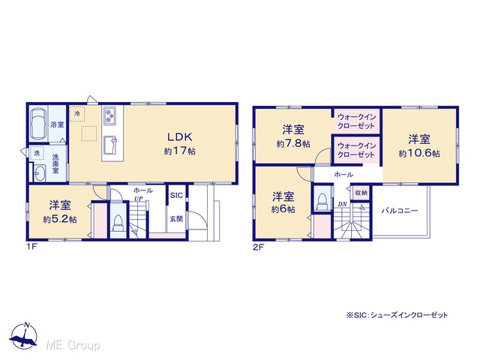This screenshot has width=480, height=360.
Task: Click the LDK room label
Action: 180,136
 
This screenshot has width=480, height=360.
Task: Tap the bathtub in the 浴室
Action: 38,124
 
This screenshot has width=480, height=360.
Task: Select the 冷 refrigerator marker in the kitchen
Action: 76,113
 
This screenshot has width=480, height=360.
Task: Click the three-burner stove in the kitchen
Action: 109,115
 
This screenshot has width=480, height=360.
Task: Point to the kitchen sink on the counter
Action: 109,145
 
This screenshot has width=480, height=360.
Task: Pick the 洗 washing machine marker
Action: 37,153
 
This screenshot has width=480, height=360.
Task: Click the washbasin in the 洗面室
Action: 39,173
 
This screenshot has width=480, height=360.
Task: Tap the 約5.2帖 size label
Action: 60,220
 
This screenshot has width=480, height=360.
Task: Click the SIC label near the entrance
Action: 176,195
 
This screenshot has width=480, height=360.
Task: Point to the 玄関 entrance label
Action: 176,219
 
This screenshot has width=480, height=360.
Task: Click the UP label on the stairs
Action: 138,199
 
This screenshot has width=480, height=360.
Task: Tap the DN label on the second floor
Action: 342,204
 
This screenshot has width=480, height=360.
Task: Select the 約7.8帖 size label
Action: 293,144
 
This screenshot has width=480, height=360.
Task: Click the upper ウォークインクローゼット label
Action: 356,121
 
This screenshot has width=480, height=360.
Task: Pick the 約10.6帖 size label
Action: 419,153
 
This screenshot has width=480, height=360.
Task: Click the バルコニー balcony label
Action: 400,211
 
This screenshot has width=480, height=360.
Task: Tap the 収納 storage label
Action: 361,193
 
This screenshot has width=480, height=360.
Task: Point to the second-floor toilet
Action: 322,202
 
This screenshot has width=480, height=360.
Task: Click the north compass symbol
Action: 24,336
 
